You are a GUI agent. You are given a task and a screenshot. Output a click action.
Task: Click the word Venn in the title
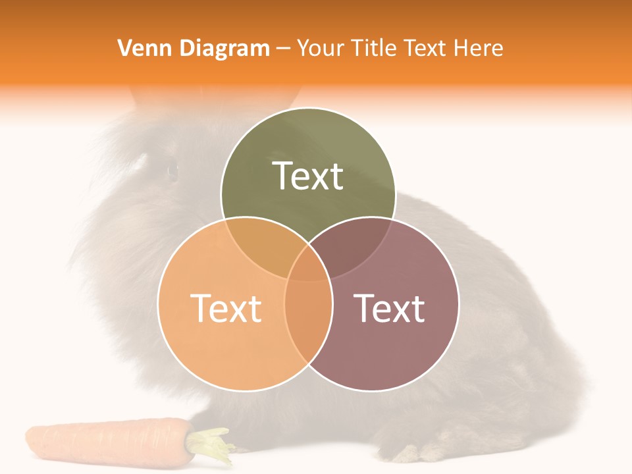140,48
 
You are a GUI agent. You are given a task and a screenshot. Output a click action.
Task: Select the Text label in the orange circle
226,307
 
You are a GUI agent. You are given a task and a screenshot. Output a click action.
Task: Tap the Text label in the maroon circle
389,307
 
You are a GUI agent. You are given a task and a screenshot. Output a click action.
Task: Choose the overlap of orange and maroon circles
308,323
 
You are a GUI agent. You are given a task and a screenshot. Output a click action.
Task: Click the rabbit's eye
172,170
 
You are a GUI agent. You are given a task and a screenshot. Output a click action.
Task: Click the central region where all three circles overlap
308,267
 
